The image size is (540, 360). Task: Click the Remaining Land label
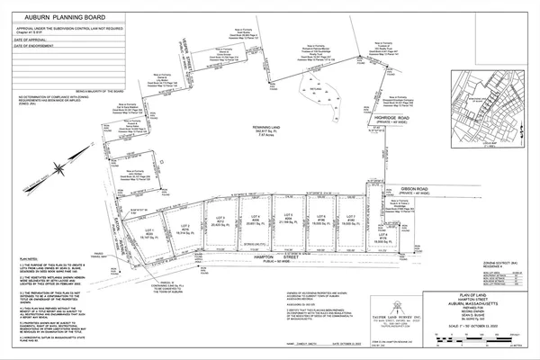click(266, 129)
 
